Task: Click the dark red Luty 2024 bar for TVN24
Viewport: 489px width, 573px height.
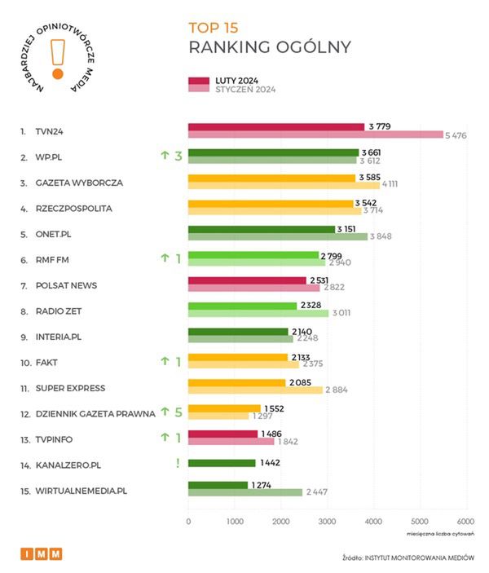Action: [x=275, y=127]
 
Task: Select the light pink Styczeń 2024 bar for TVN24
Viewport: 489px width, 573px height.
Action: [x=315, y=134]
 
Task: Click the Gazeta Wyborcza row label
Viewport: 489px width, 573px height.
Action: [x=79, y=183]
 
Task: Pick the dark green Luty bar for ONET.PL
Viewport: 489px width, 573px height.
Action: [x=261, y=229]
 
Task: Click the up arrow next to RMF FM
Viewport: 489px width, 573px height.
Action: [x=165, y=259]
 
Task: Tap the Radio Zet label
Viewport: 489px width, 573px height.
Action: [x=59, y=311]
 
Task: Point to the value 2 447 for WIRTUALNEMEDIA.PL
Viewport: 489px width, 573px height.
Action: [x=317, y=492]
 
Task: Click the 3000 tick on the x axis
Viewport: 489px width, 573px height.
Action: [x=327, y=522]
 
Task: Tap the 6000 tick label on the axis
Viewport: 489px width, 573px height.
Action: [x=465, y=522]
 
